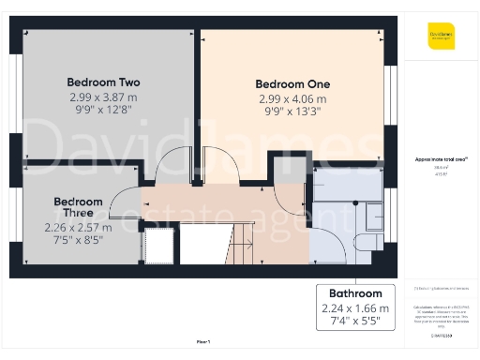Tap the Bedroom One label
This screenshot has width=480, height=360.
292,83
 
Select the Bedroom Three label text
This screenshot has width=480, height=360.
78,207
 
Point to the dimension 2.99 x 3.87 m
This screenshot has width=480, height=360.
102,97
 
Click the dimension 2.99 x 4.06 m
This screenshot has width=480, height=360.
292,99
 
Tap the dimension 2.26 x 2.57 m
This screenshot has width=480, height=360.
78,227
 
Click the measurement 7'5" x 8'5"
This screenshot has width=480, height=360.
78,240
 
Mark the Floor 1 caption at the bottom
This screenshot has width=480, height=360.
203,342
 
